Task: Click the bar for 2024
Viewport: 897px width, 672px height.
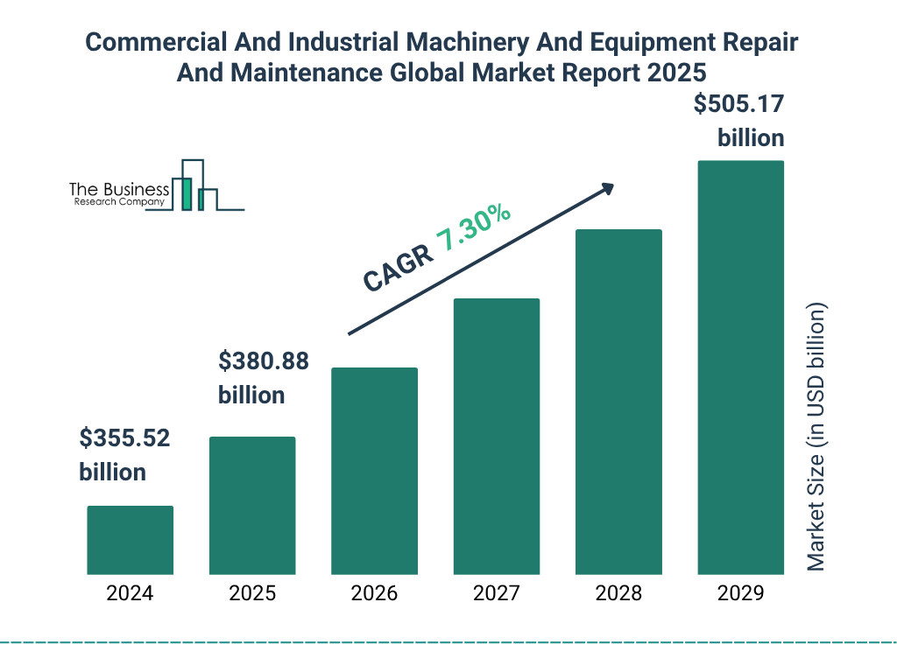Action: tap(130, 540)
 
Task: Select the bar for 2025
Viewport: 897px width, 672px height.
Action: tap(252, 506)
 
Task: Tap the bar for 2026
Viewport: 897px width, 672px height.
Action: tap(374, 471)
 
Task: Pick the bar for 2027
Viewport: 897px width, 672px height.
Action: tap(496, 437)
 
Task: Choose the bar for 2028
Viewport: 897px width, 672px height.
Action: tap(618, 402)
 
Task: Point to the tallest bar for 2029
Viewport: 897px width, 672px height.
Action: tap(740, 367)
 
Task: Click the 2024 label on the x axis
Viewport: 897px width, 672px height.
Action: tap(130, 593)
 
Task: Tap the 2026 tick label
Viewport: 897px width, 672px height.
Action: tap(374, 593)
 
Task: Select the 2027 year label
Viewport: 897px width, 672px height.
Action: tap(496, 593)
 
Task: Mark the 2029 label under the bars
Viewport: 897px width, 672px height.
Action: tap(740, 593)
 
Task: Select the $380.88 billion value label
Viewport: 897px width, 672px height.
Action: tap(263, 378)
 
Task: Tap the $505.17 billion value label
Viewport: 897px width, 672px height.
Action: tap(738, 121)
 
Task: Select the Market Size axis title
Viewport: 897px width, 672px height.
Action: tap(816, 437)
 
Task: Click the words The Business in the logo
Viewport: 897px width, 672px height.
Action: tap(119, 189)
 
